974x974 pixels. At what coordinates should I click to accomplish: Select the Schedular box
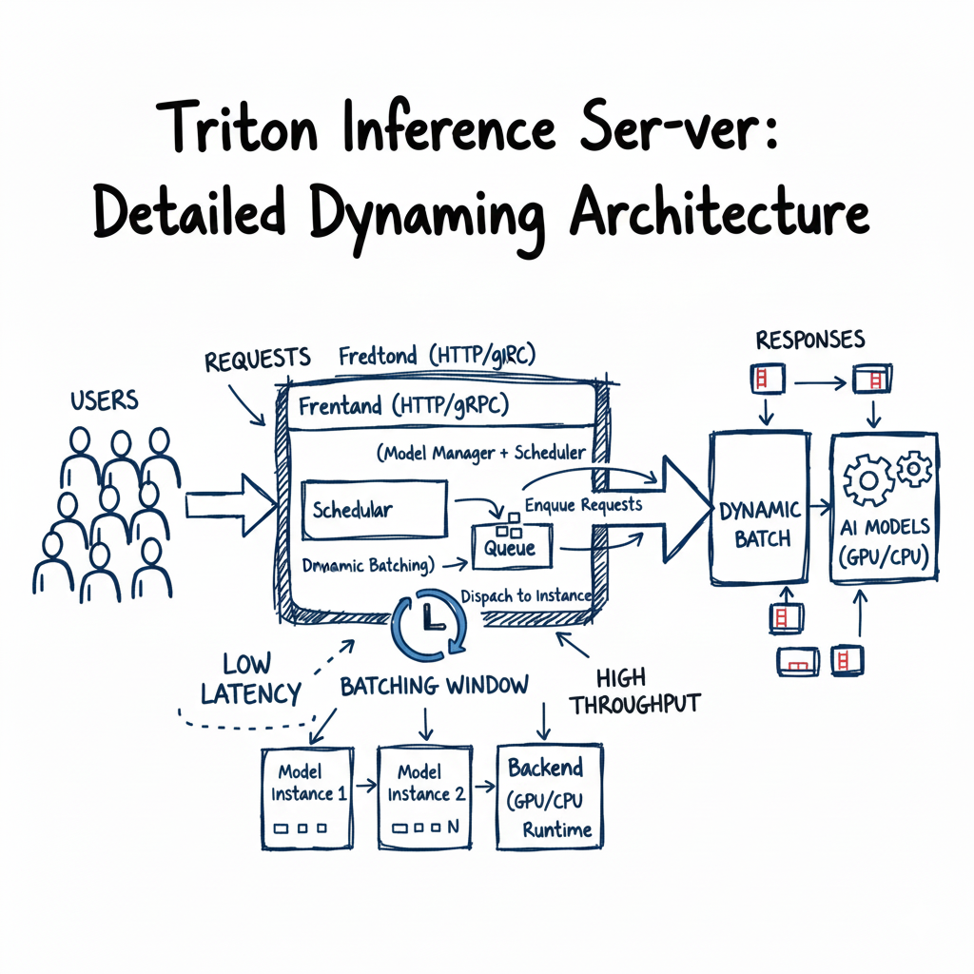373,509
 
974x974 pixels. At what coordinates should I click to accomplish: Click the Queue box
509,546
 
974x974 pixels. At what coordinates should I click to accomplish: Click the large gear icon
869,481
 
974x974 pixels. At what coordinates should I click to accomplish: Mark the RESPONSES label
809,340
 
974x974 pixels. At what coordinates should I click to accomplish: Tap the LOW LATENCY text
250,679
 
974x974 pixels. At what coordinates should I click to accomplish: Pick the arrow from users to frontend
228,504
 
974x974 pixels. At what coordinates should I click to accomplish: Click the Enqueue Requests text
583,505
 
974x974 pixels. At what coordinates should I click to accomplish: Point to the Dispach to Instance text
525,596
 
